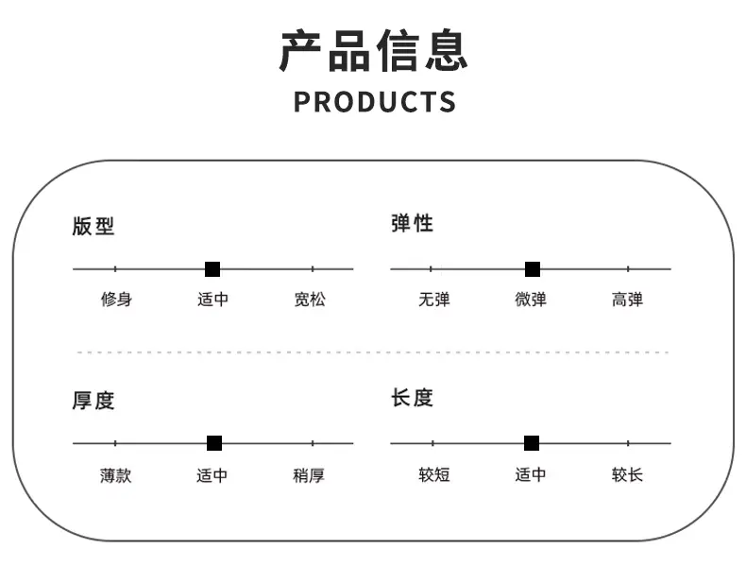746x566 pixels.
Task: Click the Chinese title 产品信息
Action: point(374,50)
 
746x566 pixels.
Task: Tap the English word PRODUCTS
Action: point(375,102)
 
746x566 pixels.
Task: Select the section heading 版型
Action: point(93,226)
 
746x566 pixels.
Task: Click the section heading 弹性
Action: point(412,223)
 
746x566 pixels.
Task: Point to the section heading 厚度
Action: point(93,401)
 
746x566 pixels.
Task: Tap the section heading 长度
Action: point(412,398)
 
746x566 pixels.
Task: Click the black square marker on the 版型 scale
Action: point(212,269)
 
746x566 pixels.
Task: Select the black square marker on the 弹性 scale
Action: point(533,269)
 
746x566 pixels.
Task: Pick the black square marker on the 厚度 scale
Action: point(214,443)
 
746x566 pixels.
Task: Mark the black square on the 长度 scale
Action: point(532,443)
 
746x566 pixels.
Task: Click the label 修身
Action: point(116,300)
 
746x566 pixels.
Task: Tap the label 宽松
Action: point(310,300)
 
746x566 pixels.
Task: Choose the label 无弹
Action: point(433,300)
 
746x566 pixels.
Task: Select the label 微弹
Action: point(531,300)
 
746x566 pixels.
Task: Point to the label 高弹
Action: point(627,300)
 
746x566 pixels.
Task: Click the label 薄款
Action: point(115,475)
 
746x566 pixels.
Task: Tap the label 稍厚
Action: point(309,475)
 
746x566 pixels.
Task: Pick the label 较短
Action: point(433,474)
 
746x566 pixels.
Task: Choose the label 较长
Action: point(627,474)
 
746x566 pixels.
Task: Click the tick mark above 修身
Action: point(115,269)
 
